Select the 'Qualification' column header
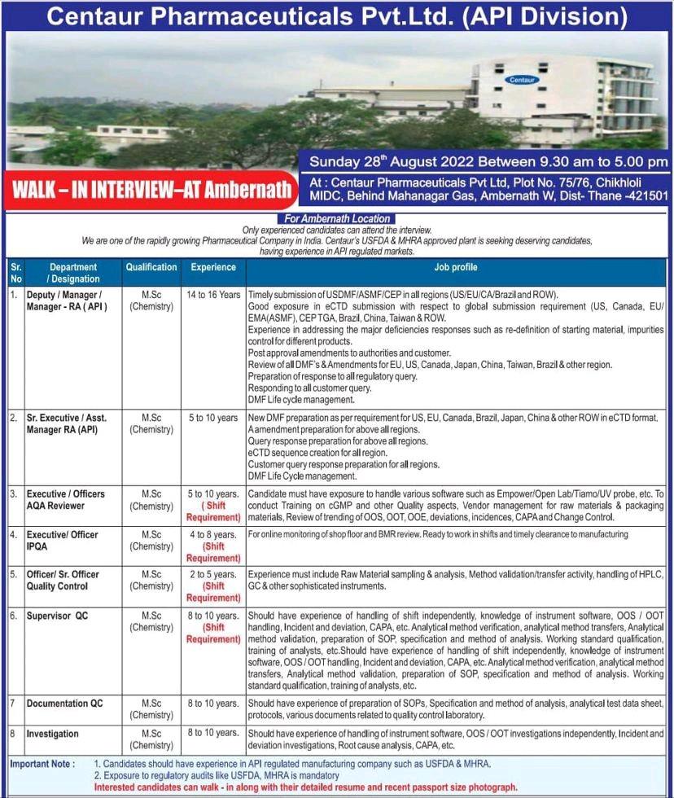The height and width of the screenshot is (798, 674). coord(151,267)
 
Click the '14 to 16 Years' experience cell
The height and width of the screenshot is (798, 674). coord(213,294)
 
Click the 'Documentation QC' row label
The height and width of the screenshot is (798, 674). coord(64,703)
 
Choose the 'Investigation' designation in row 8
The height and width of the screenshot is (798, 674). coord(52,734)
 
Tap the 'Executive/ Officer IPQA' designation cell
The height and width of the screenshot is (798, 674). coord(63,541)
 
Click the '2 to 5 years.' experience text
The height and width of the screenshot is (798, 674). coord(213,574)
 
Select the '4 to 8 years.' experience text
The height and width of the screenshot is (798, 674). coord(213,534)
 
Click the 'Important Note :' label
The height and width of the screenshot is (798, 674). coord(42,764)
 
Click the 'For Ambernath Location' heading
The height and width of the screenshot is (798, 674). coord(336,218)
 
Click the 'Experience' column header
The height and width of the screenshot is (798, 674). coord(213,267)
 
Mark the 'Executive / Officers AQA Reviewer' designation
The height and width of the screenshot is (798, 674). coord(65,499)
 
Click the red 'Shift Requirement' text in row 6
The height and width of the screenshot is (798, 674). coord(213,634)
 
